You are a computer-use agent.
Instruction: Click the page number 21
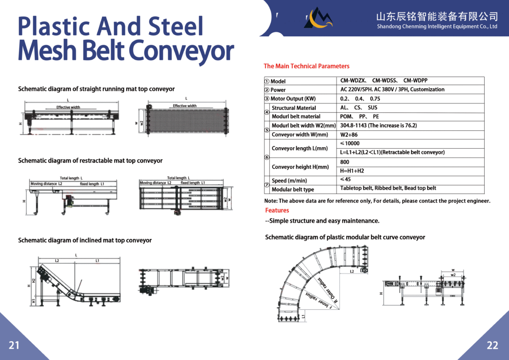(x=14, y=345)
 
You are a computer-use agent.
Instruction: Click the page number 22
(x=492, y=345)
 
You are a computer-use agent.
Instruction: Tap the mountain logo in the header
(x=319, y=18)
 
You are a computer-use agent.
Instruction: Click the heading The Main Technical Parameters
(x=306, y=66)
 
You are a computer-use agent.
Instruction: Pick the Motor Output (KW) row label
(x=293, y=98)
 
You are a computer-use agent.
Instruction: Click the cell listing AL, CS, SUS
(x=359, y=108)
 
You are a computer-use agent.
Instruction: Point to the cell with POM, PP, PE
(x=359, y=117)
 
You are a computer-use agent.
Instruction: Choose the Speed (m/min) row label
(x=289, y=180)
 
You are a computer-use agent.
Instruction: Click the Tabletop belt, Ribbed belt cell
(x=388, y=188)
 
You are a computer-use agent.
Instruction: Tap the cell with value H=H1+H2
(x=352, y=171)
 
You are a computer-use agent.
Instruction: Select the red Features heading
(x=277, y=210)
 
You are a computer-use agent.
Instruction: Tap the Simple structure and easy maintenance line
(x=322, y=221)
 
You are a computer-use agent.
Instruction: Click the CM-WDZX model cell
(x=353, y=81)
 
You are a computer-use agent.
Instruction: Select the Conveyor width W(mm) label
(x=300, y=135)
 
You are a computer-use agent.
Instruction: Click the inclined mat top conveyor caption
(x=85, y=240)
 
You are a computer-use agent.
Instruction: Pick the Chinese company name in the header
(x=437, y=16)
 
